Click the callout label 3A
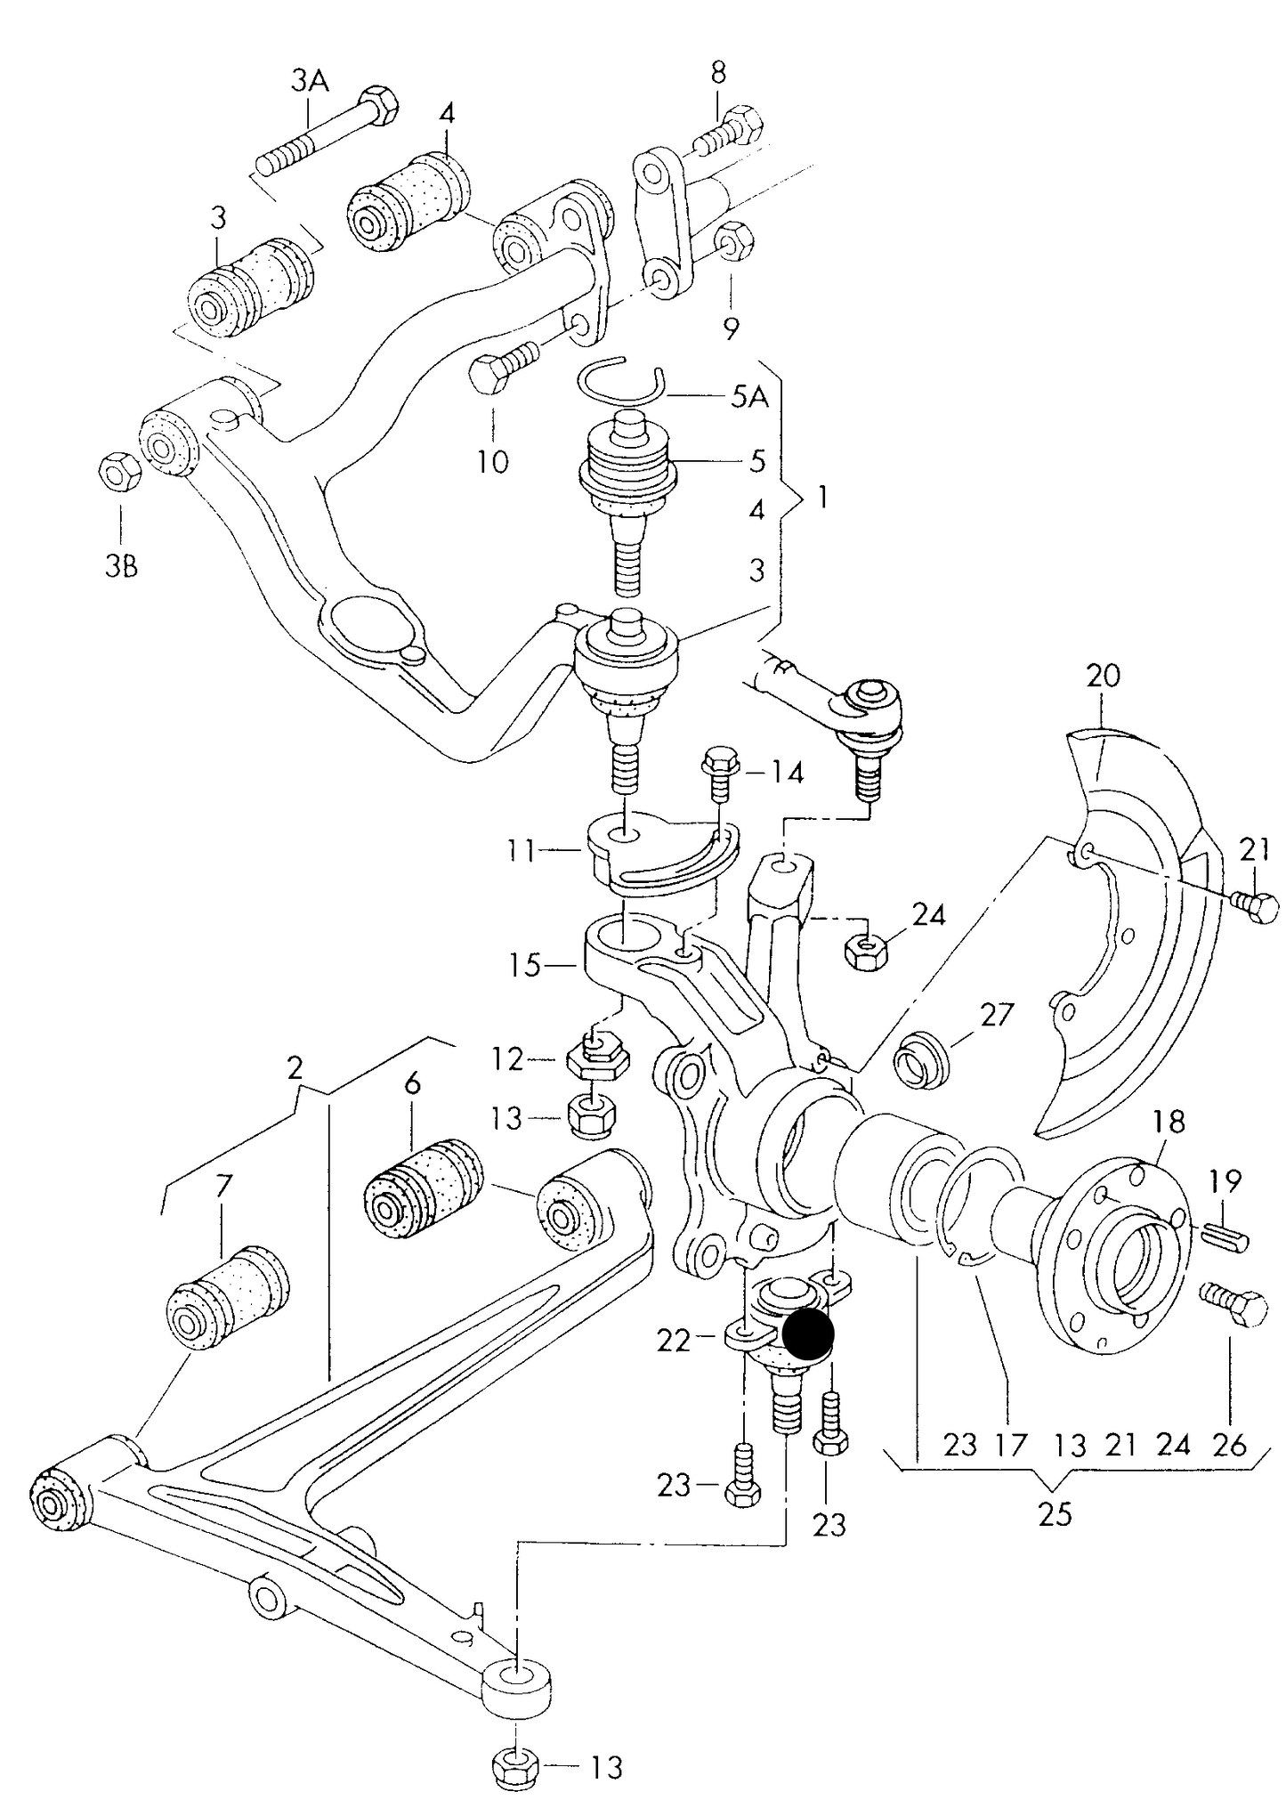point(309,82)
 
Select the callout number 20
point(1104,676)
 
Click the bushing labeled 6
point(424,1188)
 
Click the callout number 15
point(526,965)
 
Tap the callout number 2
point(295,1066)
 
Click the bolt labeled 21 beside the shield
point(1256,909)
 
